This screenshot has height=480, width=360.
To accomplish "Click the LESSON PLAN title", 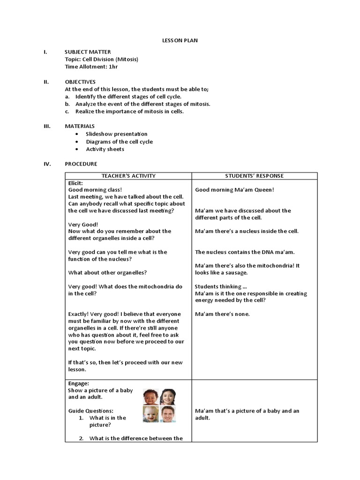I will (180, 41).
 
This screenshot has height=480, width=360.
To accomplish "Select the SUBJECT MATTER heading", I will (88, 52).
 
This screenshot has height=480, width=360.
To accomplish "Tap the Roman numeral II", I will (46, 82).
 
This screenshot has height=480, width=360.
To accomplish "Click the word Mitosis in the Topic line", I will (126, 60).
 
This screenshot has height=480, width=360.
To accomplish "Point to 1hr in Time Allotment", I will (113, 67).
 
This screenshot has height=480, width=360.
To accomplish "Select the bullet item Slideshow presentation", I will (116, 134).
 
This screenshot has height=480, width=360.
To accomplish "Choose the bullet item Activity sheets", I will (105, 149).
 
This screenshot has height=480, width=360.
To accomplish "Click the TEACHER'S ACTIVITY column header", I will (128, 176).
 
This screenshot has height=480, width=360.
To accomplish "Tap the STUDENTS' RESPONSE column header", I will (254, 176).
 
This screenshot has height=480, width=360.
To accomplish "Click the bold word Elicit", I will (75, 183).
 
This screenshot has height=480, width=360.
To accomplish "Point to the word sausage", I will (236, 272).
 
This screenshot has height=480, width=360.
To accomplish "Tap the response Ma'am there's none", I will (223, 314).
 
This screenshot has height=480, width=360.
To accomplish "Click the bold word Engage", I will (79, 383).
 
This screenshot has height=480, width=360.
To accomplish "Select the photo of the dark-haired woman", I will (167, 397).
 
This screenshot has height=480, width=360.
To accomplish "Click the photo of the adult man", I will (167, 414).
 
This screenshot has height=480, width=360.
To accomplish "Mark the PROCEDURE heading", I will (81, 164).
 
